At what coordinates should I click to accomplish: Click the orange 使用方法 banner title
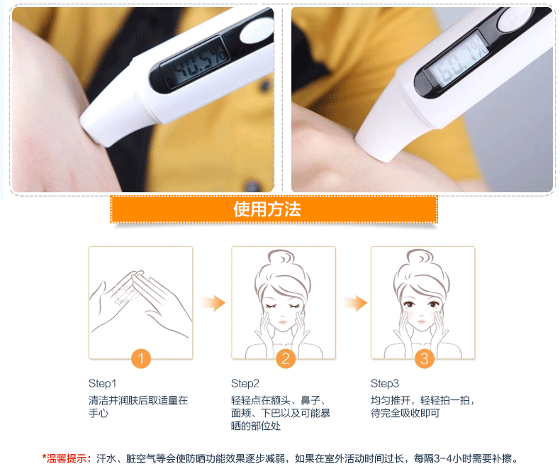tap(267, 209)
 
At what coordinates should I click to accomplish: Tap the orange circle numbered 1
tap(141, 358)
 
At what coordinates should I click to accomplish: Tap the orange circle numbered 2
tap(286, 358)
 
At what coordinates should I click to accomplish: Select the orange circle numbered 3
tap(425, 358)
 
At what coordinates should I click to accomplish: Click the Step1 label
tap(103, 384)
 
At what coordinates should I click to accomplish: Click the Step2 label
tap(245, 384)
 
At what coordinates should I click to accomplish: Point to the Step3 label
tap(385, 384)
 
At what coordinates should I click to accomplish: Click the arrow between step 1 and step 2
tap(213, 303)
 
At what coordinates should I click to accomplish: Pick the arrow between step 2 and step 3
tap(355, 303)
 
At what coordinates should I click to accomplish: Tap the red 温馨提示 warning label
tap(66, 458)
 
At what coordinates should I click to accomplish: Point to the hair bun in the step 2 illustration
tap(281, 257)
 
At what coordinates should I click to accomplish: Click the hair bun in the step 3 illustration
tap(420, 257)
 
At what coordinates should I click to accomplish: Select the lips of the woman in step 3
tap(422, 322)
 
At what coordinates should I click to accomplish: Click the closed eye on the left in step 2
tap(271, 306)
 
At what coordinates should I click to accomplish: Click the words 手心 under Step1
tap(99, 413)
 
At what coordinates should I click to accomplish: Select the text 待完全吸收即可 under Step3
tap(405, 413)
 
